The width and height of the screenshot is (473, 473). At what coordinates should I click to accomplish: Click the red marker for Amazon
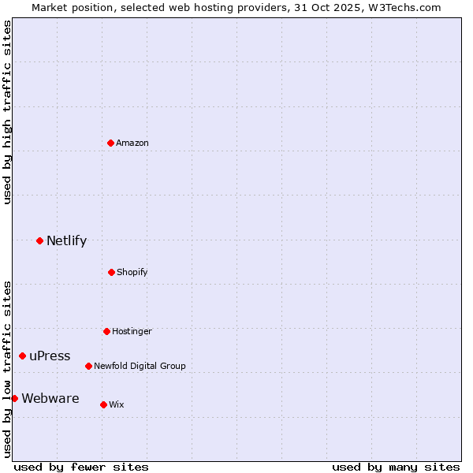click(110, 143)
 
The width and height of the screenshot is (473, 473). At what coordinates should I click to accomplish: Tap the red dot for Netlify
click(39, 240)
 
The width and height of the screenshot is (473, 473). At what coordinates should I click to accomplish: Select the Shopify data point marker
click(111, 272)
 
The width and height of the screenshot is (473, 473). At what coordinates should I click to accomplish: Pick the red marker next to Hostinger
click(106, 331)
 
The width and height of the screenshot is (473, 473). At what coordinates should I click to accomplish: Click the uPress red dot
click(22, 356)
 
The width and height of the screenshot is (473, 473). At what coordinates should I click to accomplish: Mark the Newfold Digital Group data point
click(88, 366)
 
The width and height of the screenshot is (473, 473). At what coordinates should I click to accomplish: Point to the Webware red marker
click(14, 398)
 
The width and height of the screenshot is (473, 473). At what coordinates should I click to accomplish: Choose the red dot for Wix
click(103, 404)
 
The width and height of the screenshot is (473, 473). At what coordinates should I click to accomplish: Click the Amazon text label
click(132, 143)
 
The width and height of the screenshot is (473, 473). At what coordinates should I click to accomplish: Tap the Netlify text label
click(66, 241)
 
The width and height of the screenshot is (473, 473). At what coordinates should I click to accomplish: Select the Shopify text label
click(132, 272)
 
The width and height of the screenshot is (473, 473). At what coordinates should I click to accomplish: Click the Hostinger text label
click(132, 331)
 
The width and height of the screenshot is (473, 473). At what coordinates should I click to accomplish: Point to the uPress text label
click(50, 356)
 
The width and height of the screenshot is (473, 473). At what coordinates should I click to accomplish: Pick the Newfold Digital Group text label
click(140, 366)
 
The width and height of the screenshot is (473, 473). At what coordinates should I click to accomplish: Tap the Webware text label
click(50, 399)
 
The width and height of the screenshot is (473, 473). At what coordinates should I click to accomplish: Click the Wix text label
click(117, 404)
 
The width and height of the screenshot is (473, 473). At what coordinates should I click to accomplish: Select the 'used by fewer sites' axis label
click(81, 467)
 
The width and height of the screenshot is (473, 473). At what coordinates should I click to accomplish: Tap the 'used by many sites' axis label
click(396, 467)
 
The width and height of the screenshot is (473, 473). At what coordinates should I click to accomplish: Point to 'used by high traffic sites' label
click(7, 112)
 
